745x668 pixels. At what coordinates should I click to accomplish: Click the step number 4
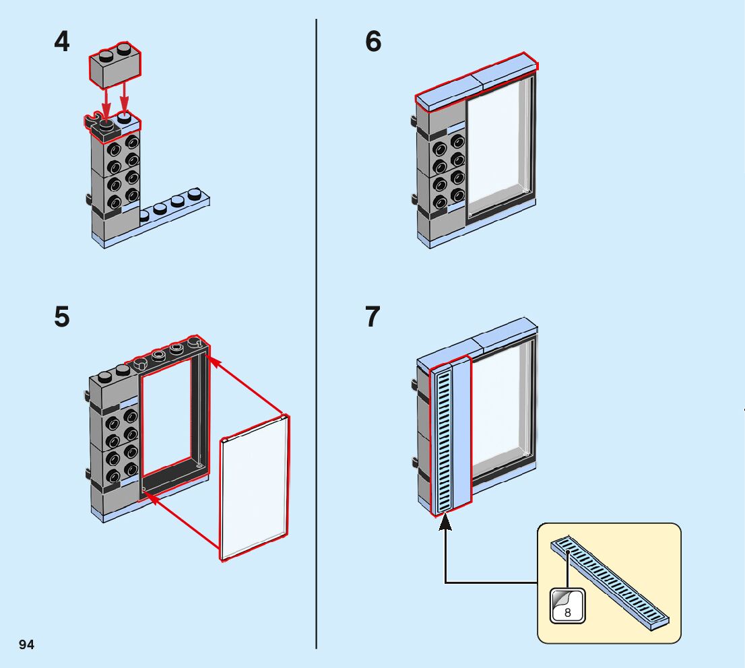[x=62, y=42]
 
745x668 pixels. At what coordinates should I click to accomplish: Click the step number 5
[x=62, y=316]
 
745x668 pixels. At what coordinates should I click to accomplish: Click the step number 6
[x=373, y=42]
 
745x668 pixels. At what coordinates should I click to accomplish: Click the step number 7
[x=373, y=316]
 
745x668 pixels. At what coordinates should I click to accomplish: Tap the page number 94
[x=27, y=644]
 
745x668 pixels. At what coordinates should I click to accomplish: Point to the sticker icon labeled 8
[x=568, y=605]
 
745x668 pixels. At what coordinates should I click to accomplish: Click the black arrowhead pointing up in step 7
[x=445, y=522]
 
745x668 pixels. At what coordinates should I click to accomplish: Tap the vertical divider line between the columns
[x=317, y=337]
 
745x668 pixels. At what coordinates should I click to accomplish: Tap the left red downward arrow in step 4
[x=105, y=101]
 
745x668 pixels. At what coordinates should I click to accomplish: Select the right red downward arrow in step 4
[x=125, y=101]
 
